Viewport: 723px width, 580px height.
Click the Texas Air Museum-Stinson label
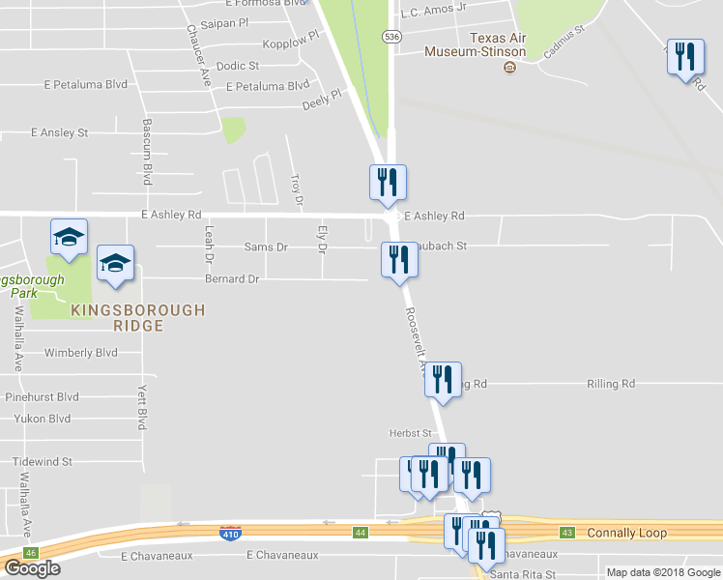[498, 44]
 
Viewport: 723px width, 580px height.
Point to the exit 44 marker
[360, 533]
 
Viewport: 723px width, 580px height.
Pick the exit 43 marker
[567, 533]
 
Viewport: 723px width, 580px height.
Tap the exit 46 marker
[31, 552]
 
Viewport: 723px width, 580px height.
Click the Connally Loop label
[625, 533]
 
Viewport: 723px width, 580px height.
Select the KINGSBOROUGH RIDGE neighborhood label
[137, 318]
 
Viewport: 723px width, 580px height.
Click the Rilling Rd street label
[611, 384]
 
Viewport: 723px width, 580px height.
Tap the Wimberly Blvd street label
[80, 353]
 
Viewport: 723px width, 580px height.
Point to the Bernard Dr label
[232, 279]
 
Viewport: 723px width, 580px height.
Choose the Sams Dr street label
[268, 246]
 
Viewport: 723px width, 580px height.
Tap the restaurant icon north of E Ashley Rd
[388, 182]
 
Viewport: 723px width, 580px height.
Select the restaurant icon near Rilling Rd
[443, 379]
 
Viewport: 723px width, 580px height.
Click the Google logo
[32, 568]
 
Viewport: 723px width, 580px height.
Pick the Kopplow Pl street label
[289, 43]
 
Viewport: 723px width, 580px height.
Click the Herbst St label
[408, 434]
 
